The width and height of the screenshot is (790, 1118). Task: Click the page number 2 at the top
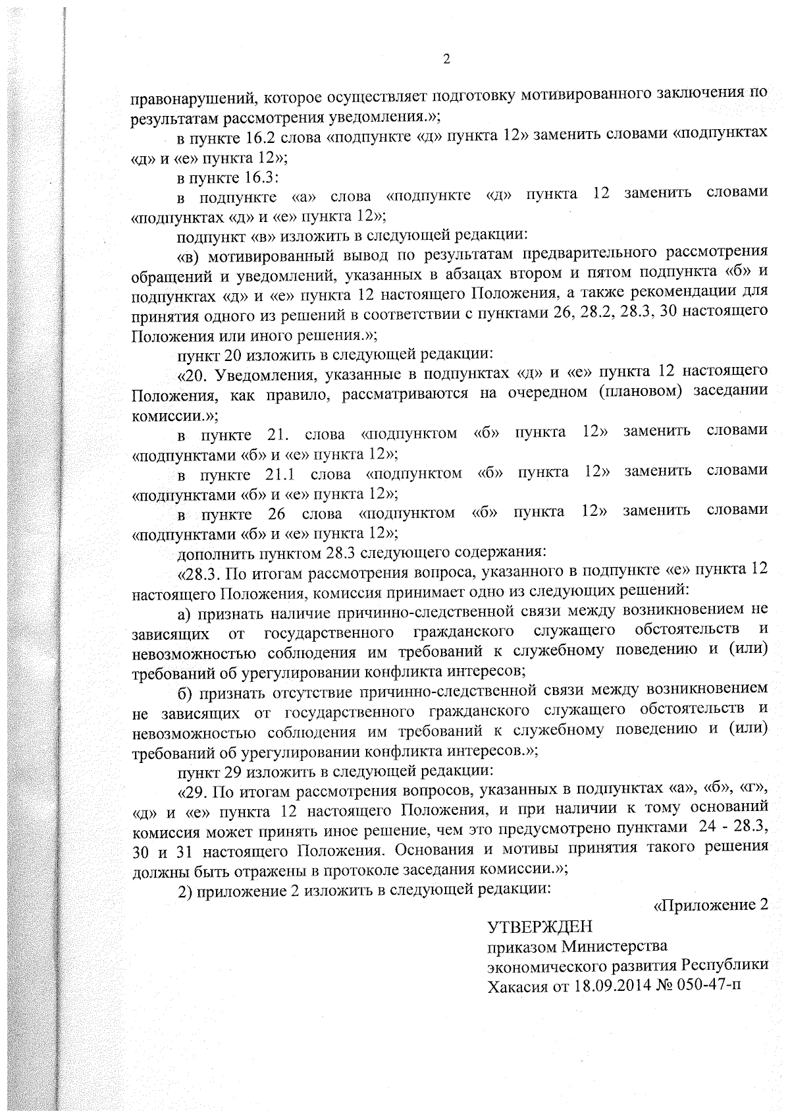point(446,60)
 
